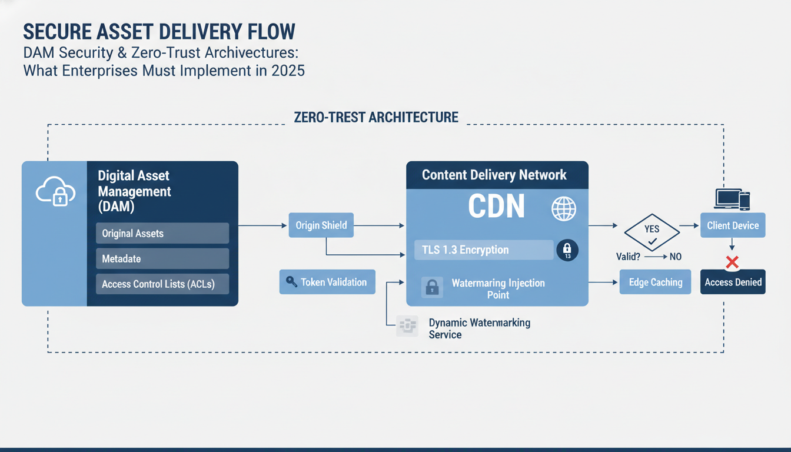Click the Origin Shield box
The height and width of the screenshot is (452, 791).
(x=321, y=225)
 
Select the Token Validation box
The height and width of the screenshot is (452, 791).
(x=327, y=282)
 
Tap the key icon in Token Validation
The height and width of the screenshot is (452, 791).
(x=291, y=282)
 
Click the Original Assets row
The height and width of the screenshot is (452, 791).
(x=162, y=233)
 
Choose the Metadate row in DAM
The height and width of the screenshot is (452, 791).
(x=162, y=258)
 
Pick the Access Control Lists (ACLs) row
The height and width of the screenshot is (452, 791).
(x=162, y=284)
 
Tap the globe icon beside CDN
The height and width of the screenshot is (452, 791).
(x=563, y=208)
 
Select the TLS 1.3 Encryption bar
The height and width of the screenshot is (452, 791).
(x=483, y=250)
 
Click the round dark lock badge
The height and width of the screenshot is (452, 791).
(x=567, y=250)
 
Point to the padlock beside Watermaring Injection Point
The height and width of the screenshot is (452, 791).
(x=432, y=287)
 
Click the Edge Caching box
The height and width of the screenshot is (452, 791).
(x=655, y=282)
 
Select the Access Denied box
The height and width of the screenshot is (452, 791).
(x=733, y=282)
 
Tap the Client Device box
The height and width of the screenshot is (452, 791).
(x=733, y=225)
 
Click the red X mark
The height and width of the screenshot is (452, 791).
(x=732, y=261)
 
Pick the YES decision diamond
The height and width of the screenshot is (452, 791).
(x=652, y=233)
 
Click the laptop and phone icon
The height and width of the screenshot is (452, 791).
(x=732, y=200)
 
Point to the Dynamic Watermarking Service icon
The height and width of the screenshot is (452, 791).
(x=407, y=326)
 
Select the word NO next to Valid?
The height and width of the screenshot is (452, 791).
(x=676, y=257)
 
